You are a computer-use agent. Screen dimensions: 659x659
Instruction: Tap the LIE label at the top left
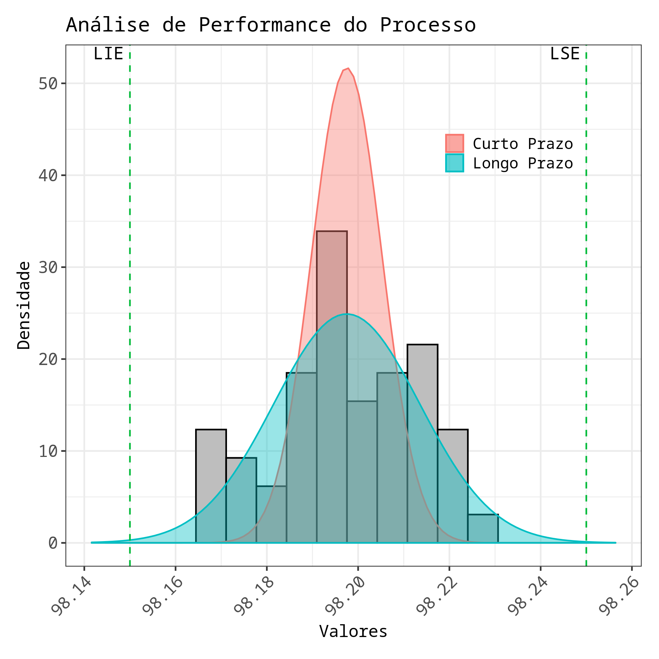click(x=108, y=54)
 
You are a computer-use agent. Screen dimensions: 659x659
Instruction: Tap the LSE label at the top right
click(x=565, y=54)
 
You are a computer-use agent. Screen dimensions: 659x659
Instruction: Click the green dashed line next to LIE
click(x=130, y=293)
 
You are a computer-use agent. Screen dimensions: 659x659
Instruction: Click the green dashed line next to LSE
click(x=586, y=293)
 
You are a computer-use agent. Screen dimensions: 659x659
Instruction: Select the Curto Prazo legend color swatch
click(x=454, y=143)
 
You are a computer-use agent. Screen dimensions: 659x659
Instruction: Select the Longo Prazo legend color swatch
click(x=454, y=163)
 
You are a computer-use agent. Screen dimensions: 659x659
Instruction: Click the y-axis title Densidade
click(x=24, y=305)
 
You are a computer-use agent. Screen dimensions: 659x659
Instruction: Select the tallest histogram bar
click(x=332, y=384)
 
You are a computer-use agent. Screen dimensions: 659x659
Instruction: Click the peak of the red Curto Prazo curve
click(x=348, y=68)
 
